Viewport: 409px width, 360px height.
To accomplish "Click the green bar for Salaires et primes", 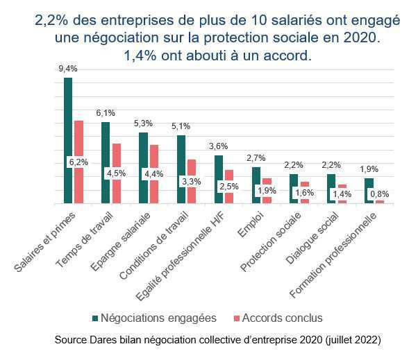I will [x=67, y=139].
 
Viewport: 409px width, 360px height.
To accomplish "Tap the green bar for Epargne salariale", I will [x=143, y=166].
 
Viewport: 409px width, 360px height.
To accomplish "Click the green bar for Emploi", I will [x=256, y=185].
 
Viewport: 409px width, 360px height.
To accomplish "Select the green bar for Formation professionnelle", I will [x=369, y=190].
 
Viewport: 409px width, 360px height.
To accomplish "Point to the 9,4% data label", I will [x=67, y=69].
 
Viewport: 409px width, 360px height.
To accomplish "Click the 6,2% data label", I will [x=78, y=162].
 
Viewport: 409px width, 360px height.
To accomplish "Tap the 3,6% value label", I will [x=218, y=146].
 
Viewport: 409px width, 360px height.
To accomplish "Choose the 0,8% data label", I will [x=379, y=194].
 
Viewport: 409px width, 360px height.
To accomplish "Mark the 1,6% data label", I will [x=304, y=193].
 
